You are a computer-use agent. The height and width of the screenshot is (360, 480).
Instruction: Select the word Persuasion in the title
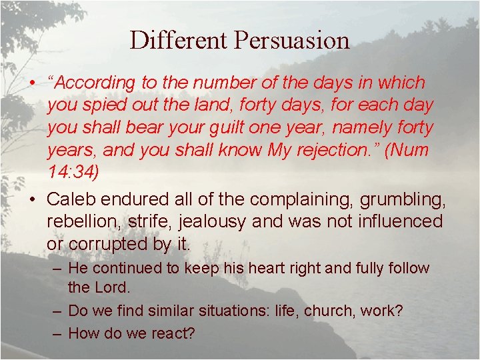[291, 41]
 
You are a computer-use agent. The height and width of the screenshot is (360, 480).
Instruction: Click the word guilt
[230, 127]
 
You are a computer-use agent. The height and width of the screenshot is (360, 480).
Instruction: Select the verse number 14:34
[72, 172]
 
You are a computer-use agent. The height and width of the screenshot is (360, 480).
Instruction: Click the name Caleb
[69, 199]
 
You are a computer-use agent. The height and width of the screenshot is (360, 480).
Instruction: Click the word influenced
[393, 221]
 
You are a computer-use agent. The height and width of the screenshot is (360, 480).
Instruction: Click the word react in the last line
[173, 333]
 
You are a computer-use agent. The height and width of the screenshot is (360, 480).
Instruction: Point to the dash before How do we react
[57, 333]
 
